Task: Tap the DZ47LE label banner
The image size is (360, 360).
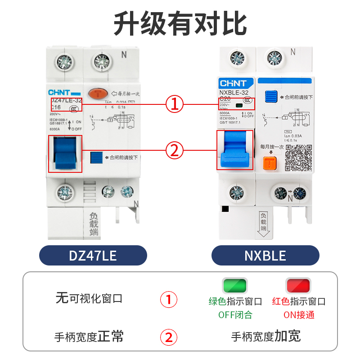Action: [x=93, y=256]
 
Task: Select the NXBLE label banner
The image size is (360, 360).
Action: [x=265, y=256]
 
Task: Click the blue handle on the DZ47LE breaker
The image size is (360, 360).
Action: [x=65, y=153]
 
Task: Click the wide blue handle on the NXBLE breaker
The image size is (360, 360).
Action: [x=235, y=151]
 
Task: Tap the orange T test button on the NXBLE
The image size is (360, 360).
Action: [x=270, y=163]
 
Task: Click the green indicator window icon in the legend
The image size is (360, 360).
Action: [x=235, y=285]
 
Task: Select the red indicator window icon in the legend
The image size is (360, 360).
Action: [x=298, y=285]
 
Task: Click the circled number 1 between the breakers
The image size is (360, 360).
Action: [x=175, y=104]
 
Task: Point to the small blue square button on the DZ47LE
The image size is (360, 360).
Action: [x=96, y=157]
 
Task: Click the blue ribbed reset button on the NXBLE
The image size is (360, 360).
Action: [x=271, y=96]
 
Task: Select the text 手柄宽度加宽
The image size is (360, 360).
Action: [x=265, y=336]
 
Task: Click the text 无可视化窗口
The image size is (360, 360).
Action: [x=89, y=298]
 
